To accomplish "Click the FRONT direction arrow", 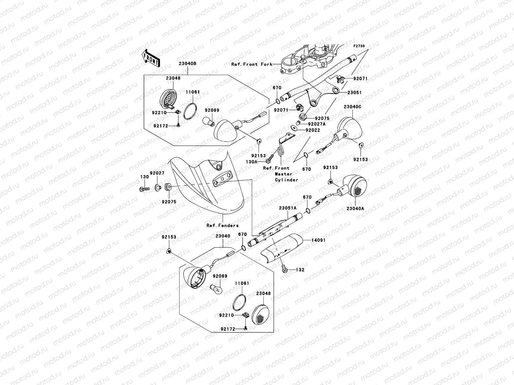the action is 151,58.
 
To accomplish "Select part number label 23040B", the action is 188,64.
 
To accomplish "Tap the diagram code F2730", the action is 359,46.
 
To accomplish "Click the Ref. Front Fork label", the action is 252,64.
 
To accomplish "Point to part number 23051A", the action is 288,208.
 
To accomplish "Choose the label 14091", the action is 318,240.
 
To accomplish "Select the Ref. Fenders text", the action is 222,226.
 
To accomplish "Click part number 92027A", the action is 317,124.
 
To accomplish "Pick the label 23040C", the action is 352,107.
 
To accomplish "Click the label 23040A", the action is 355,209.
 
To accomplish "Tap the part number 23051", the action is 355,93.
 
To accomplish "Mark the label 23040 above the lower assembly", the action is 223,236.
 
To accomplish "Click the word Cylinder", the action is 286,180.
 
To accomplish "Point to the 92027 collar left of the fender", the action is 158,188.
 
